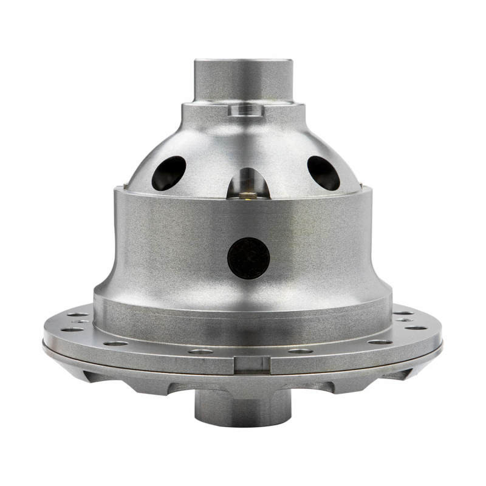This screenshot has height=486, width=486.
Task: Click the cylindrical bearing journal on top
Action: point(243,79)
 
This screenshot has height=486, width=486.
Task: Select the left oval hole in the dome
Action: point(169,173)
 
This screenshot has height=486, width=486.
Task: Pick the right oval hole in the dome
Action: point(323,173)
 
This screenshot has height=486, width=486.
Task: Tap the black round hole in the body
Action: point(248,258)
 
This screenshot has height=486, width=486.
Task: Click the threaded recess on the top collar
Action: point(246,110)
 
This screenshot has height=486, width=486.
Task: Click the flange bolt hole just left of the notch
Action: point(201,351)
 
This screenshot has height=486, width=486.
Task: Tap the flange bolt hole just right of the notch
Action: point(300,351)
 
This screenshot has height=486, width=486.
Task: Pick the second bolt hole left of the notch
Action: point(115,343)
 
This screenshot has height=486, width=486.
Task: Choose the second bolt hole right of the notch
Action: point(380,342)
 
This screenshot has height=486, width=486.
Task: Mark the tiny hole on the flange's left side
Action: point(81,321)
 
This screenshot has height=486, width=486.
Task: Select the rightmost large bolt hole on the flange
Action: point(416,327)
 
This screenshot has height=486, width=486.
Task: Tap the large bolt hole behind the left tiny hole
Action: point(78,315)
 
